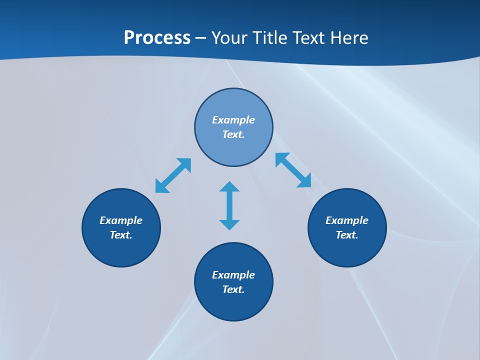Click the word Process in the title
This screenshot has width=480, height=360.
click(x=157, y=38)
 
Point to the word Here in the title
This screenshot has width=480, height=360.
click(x=348, y=38)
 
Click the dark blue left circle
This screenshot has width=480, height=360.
click(x=121, y=250)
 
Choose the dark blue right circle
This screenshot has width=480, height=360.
click(x=347, y=250)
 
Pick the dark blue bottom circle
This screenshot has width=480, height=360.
click(x=233, y=305)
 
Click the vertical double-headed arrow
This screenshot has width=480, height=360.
click(x=229, y=205)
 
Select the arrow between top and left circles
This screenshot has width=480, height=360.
click(x=173, y=175)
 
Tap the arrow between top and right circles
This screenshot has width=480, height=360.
click(x=293, y=170)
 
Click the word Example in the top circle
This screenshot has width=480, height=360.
click(x=233, y=120)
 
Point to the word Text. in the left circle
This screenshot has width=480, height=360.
click(x=121, y=235)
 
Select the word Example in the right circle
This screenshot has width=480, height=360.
click(x=347, y=220)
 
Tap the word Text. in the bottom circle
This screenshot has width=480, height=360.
click(x=233, y=289)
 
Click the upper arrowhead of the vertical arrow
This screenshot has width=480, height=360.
click(x=229, y=187)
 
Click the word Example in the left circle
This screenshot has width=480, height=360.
click(x=121, y=220)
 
